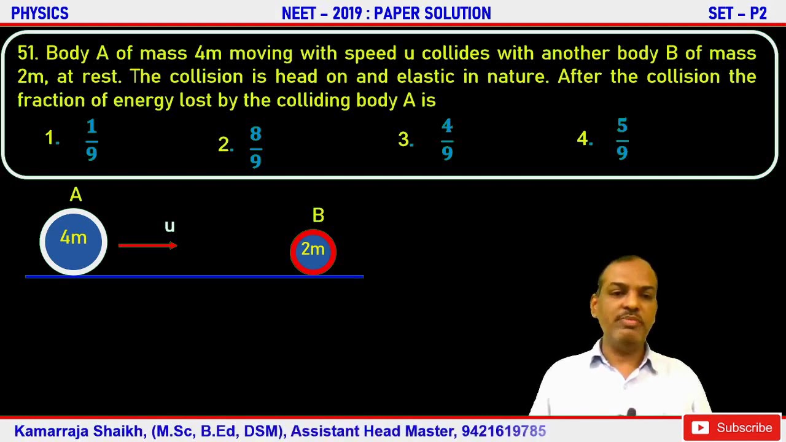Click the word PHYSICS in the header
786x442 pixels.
(40, 13)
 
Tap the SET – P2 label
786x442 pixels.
(737, 13)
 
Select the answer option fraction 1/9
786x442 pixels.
(91, 141)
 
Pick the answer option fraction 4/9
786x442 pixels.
(447, 141)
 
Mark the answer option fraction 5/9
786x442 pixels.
(622, 141)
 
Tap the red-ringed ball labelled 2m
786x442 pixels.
(313, 251)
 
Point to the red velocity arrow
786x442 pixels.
(147, 246)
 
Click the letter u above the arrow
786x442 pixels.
(169, 227)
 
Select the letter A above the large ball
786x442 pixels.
(76, 195)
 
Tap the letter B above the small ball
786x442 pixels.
(318, 215)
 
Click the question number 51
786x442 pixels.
(28, 53)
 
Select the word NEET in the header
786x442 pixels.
(300, 13)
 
